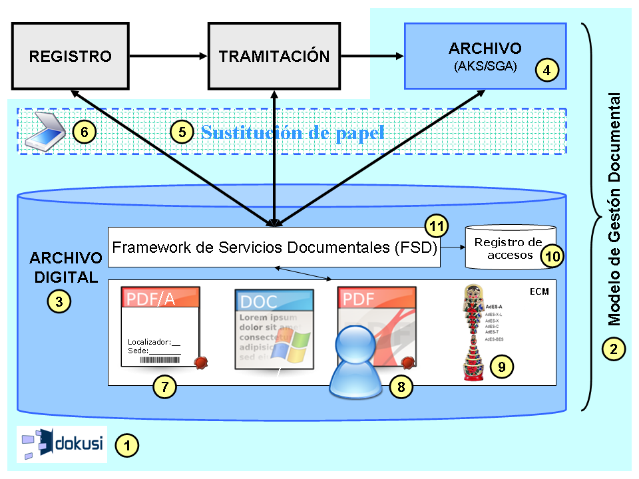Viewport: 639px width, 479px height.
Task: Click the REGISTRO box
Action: [x=70, y=56]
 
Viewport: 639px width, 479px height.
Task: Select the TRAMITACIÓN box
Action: [x=274, y=56]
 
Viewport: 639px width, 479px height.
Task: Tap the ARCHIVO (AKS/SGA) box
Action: [x=485, y=56]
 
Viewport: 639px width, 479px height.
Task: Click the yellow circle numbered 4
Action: [x=547, y=69]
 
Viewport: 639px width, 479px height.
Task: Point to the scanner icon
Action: [x=45, y=132]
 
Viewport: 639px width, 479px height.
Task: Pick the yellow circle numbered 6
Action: [x=85, y=132]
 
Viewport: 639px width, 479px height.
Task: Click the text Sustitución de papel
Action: [x=293, y=132]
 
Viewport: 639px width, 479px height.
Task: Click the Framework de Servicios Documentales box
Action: [x=274, y=247]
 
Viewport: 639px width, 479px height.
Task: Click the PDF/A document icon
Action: [x=160, y=327]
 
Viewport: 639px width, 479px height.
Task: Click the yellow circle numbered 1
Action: [x=126, y=443]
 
